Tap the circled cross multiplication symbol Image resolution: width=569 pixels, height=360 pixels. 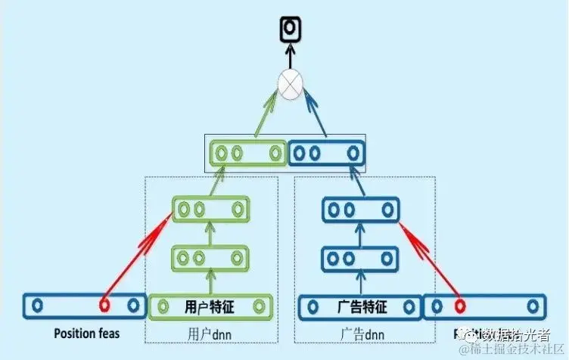tap(289, 84)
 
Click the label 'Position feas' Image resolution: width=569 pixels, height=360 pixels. tap(86, 333)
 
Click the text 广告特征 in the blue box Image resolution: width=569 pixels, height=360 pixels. tap(361, 307)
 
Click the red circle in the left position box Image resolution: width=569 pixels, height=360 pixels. tap(104, 306)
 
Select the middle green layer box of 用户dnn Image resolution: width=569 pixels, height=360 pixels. tap(210, 258)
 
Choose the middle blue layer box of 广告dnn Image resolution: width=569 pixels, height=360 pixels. tap(361, 258)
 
